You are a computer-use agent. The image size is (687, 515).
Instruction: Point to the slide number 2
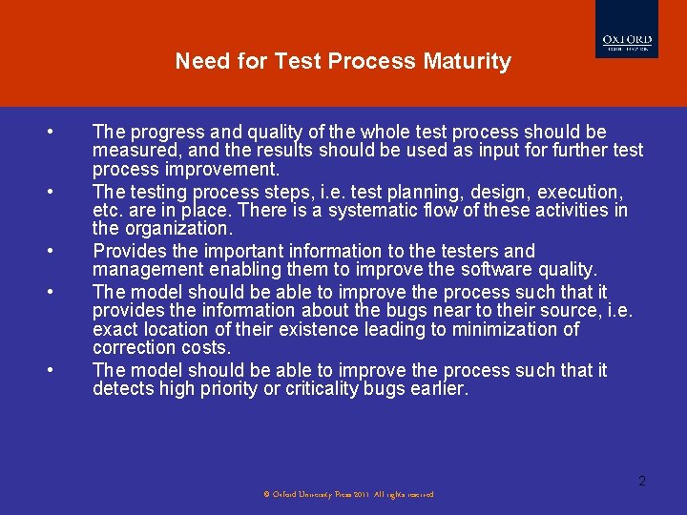click(x=642, y=481)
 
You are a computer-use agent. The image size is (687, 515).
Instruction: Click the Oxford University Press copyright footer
click(x=348, y=494)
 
